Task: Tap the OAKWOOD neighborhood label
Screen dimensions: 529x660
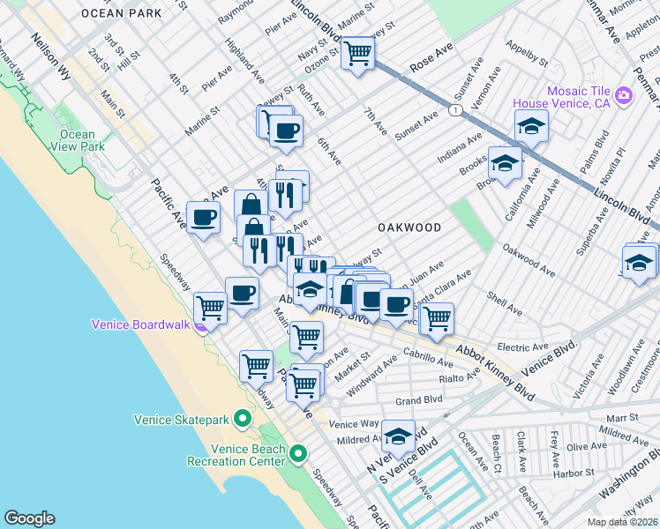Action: point(409,227)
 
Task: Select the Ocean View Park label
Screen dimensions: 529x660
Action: point(78,141)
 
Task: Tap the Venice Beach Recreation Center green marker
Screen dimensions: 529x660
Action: point(298,455)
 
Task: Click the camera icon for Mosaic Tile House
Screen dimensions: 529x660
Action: point(625,95)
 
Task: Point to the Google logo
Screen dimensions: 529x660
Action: point(29,518)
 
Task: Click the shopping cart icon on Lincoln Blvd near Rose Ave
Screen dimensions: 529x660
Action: point(357,54)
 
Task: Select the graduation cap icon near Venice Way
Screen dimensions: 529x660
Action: point(399,436)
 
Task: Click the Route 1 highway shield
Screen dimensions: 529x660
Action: point(454,109)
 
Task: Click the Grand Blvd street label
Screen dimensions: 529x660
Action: point(418,400)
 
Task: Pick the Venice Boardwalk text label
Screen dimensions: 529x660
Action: point(141,324)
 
